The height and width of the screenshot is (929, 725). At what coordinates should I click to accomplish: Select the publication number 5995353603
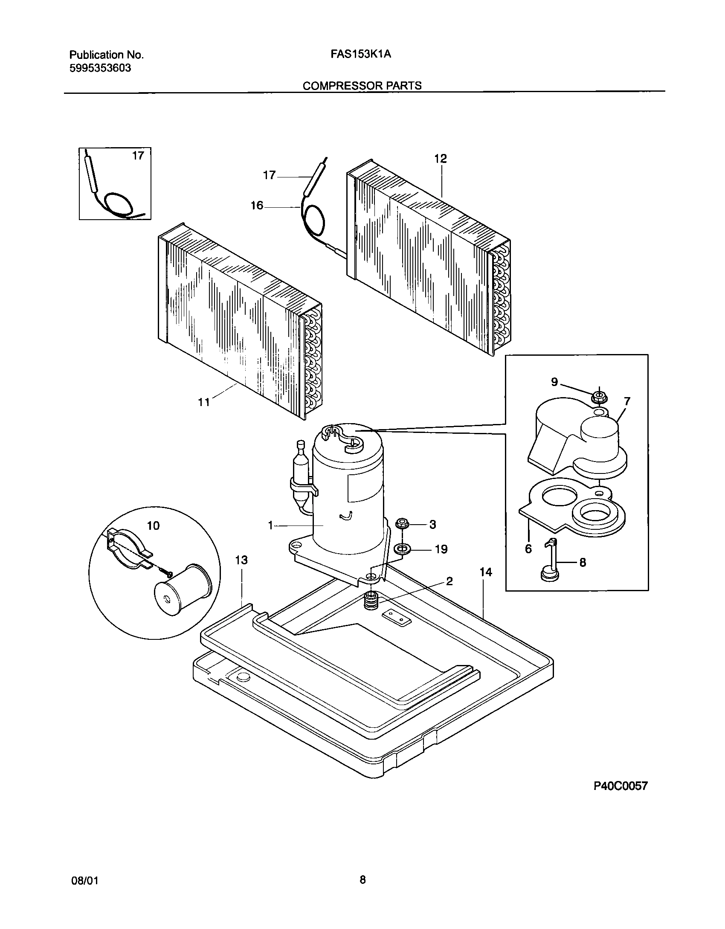point(100,68)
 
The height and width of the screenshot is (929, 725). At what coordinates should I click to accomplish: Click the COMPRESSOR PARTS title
point(362,86)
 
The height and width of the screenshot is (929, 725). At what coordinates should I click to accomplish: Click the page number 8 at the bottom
point(362,880)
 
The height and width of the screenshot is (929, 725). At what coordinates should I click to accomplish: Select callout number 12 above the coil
point(441,159)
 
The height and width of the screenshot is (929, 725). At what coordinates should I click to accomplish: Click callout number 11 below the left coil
point(204,402)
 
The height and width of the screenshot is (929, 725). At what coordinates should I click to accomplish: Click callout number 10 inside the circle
point(153,525)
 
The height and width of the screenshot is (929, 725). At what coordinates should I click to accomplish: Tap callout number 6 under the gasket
point(528,549)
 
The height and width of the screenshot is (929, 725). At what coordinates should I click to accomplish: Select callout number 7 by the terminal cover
point(627,401)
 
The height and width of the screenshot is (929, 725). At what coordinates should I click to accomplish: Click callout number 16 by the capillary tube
point(257,206)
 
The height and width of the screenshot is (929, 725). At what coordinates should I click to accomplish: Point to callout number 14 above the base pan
point(486,572)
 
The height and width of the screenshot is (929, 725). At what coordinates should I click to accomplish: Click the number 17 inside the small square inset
point(138,156)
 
